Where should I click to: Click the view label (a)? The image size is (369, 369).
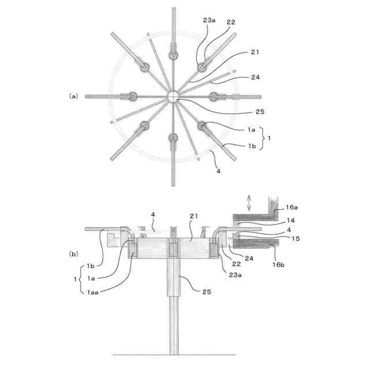click(x=73, y=96)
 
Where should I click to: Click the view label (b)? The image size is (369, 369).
click(x=73, y=253)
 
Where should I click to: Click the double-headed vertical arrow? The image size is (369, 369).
click(x=250, y=202)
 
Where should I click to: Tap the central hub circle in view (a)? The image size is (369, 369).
click(x=174, y=96)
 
